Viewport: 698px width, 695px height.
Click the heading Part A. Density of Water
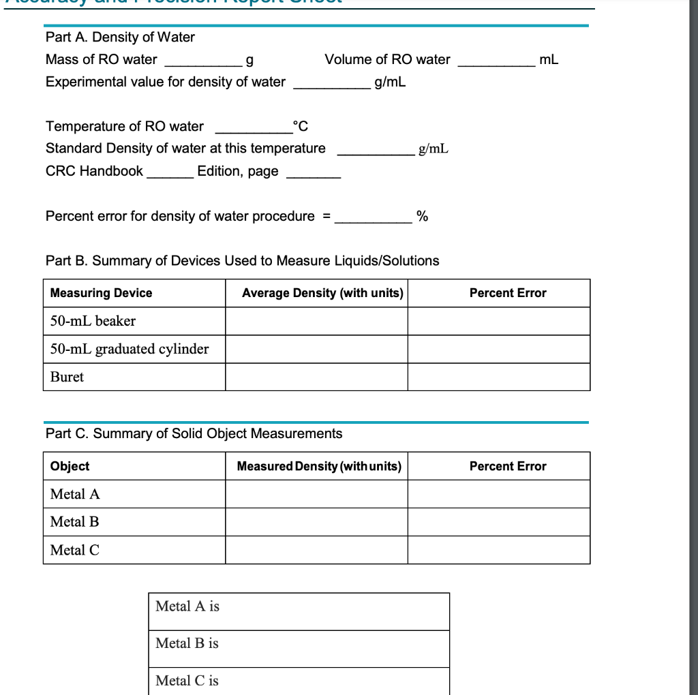coord(120,37)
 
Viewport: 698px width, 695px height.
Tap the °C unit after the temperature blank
coord(300,126)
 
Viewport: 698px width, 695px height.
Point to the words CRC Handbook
coord(94,171)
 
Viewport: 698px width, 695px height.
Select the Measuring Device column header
coord(102,293)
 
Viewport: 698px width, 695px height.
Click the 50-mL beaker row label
coord(93,321)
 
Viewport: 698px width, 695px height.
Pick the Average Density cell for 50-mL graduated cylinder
coord(316,349)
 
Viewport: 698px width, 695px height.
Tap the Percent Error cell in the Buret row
coord(498,377)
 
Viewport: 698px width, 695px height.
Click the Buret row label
coord(67,377)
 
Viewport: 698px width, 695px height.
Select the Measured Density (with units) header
coord(319,466)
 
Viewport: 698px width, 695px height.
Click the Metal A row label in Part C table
coord(75,494)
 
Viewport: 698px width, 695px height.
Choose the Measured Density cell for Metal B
coord(316,522)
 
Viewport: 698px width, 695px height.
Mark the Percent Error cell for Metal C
coord(498,550)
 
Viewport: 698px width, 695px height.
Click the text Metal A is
coord(187,606)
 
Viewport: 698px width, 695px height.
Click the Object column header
coord(70,466)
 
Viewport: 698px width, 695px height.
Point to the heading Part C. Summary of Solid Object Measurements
coord(194,434)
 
